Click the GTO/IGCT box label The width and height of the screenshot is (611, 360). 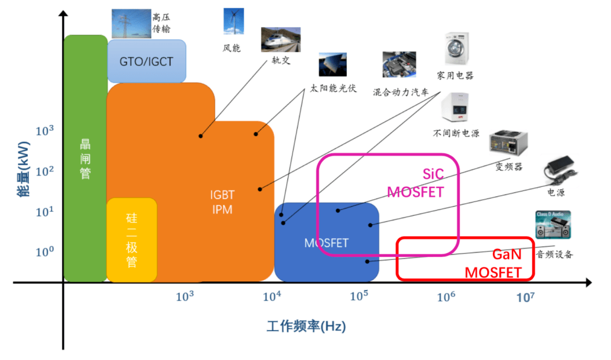[146, 61]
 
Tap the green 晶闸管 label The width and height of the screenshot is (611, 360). [85, 159]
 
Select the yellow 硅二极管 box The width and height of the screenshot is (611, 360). [132, 240]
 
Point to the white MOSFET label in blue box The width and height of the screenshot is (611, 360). [326, 243]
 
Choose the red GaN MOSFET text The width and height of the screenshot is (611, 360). [493, 263]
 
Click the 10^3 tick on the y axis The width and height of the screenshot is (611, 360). [44, 131]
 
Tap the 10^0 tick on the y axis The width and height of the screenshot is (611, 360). [44, 252]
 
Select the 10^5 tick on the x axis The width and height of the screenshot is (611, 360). [359, 296]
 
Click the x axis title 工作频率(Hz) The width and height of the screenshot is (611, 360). [306, 327]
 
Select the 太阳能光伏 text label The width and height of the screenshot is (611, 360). [333, 88]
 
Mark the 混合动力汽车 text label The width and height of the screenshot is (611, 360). [401, 92]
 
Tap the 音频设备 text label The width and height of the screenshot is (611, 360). [554, 255]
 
